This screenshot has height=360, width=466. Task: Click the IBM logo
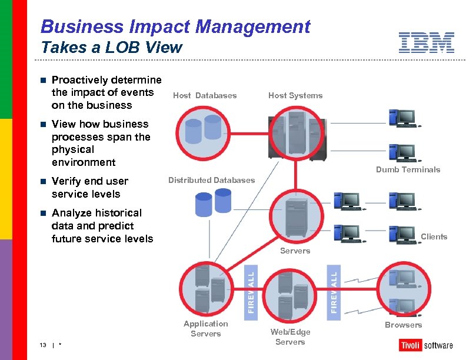pos(426,43)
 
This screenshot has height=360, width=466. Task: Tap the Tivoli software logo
pos(426,345)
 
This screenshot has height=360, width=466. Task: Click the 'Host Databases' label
pos(205,96)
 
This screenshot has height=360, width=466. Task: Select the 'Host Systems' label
pos(295,96)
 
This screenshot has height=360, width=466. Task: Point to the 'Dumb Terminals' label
pos(408,170)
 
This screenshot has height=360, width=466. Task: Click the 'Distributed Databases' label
pos(212,180)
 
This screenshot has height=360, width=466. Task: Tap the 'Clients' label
pos(434,237)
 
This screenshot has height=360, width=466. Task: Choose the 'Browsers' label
pos(403,325)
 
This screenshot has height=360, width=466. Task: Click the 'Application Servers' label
pos(205,329)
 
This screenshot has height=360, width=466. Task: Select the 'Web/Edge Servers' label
pos(290,337)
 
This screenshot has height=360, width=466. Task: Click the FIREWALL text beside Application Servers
pos(251,291)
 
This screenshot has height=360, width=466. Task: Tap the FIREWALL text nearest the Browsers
pos(334,291)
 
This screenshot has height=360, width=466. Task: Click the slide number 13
pos(44,345)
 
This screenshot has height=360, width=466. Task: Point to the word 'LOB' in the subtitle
pos(119,48)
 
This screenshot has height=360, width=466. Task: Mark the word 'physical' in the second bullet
pos(72,149)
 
